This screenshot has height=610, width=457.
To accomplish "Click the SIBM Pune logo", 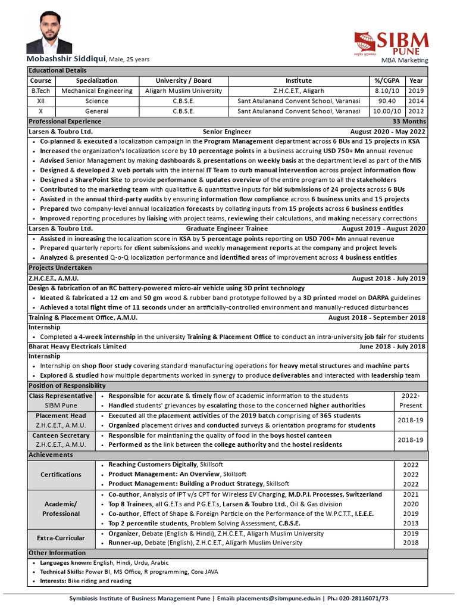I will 391,43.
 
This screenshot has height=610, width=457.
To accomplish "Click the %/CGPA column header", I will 386,80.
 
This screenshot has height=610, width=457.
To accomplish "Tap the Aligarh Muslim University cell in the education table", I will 183,91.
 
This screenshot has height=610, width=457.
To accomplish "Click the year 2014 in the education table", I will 417,101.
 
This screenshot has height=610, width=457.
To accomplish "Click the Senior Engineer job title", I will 227,132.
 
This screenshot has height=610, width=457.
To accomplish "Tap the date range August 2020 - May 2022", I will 388,132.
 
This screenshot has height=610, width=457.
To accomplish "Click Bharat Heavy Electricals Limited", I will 77,346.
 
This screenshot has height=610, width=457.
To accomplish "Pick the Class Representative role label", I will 61,396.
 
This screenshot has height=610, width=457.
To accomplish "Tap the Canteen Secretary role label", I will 61,435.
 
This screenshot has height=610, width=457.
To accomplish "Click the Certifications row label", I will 61,474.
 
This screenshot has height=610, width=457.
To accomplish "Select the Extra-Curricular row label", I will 61,538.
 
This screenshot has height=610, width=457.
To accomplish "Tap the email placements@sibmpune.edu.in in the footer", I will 278,598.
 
